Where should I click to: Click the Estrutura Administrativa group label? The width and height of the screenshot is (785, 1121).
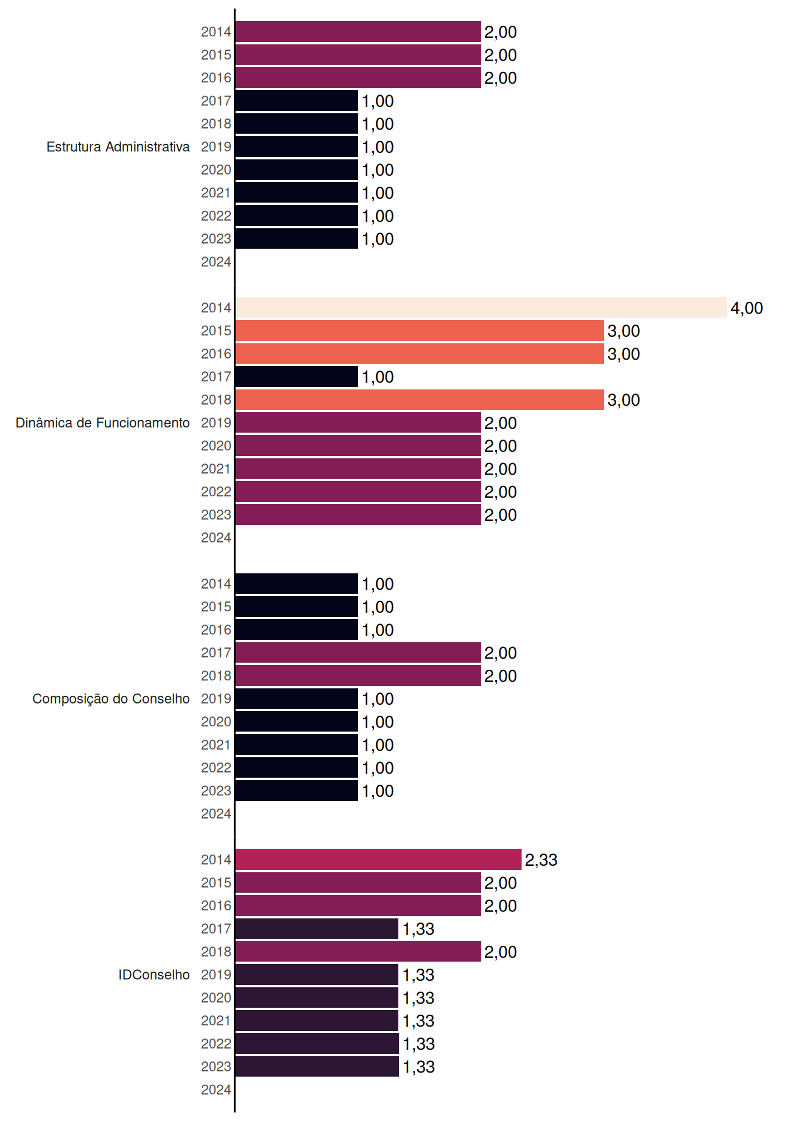click(118, 147)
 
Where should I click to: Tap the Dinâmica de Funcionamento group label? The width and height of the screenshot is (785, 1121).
click(103, 423)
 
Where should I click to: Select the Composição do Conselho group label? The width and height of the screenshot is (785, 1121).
click(111, 699)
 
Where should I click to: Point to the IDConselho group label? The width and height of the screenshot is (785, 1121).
click(154, 974)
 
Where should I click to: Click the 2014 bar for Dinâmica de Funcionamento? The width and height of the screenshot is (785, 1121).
click(481, 308)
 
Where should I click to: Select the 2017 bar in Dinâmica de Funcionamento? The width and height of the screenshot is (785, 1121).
click(297, 377)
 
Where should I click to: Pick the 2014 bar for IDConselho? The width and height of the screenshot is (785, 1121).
click(378, 859)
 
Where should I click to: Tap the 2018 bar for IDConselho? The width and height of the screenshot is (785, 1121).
click(359, 952)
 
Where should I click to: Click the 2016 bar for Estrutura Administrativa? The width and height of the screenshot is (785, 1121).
click(359, 78)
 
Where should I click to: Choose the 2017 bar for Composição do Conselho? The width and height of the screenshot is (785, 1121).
click(359, 653)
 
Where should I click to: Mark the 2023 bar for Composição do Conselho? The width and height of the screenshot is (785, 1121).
click(297, 791)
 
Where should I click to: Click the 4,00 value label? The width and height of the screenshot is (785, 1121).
click(746, 308)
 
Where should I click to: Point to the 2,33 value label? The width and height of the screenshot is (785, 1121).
click(541, 860)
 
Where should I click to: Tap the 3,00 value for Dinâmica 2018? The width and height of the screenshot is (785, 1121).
click(624, 400)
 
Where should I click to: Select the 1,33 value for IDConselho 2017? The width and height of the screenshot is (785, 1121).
click(418, 929)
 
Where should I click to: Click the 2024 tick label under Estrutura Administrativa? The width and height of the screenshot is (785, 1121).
click(216, 262)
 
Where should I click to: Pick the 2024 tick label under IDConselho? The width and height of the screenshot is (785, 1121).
click(216, 1089)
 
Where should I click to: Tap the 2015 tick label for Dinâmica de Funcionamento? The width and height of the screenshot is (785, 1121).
click(216, 330)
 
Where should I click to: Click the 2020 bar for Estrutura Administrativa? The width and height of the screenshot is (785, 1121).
click(297, 169)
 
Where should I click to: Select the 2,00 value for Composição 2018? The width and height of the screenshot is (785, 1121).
click(501, 676)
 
